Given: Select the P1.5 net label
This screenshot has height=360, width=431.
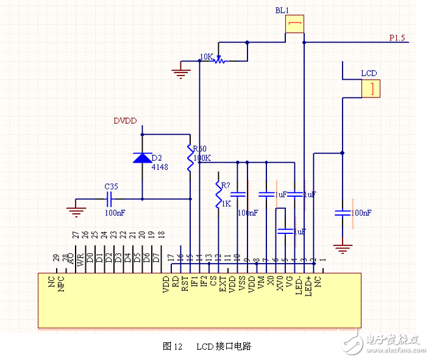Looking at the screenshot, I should click(397, 38).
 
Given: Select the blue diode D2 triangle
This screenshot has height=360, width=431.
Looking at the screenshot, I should click(142, 158).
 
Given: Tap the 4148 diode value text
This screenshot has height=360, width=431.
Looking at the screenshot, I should click(160, 167).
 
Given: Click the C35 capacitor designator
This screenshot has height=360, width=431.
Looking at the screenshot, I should click(111, 186).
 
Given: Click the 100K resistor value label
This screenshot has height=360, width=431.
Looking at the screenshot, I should click(202, 158).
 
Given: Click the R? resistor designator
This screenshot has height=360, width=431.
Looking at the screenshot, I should click(225, 185).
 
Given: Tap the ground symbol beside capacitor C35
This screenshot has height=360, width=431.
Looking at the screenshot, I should click(76, 211).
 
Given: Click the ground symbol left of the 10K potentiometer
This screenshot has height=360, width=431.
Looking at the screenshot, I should click(180, 73).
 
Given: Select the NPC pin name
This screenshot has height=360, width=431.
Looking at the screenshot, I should click(62, 285).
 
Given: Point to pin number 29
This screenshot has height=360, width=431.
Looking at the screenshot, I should click(55, 258).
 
